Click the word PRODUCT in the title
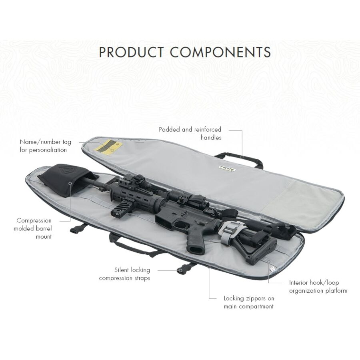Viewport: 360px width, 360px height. coord(131,52)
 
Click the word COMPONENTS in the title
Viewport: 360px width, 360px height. coord(220,52)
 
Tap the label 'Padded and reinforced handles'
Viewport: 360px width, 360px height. coord(190,134)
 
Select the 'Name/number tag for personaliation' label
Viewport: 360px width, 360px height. coord(46,146)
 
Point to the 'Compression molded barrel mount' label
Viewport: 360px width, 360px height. coord(33,228)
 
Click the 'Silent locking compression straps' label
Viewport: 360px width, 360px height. coord(124,274)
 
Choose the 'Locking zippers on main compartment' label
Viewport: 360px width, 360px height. coord(249,302)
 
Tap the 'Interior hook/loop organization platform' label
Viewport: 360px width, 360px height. coord(318,286)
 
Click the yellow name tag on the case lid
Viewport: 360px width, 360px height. coord(108,147)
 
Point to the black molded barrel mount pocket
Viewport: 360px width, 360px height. coord(66,181)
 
